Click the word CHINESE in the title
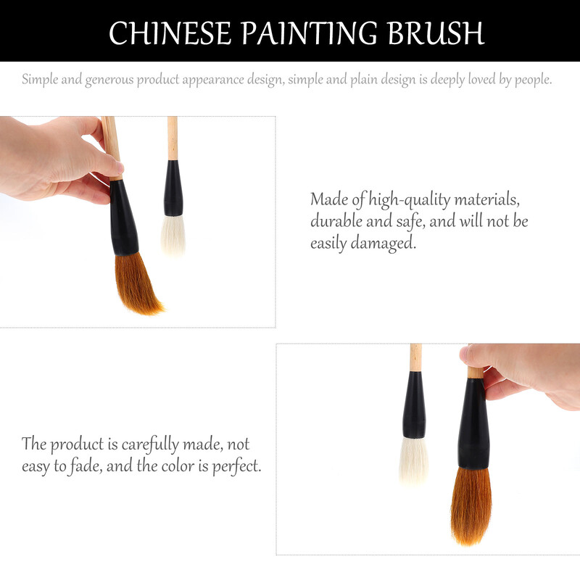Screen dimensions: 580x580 point(170,33)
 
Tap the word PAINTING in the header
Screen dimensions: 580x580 point(310,33)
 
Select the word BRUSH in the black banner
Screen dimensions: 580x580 point(436,33)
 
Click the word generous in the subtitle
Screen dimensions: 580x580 point(109,80)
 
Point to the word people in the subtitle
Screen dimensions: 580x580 point(533,80)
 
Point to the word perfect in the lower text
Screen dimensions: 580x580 point(237,466)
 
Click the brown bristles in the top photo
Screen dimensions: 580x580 point(137,283)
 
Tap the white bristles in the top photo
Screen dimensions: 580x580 point(173,234)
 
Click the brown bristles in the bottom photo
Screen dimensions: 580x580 point(471,506)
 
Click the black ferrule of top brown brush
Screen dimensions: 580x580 point(123,218)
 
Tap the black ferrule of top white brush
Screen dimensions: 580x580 point(173,188)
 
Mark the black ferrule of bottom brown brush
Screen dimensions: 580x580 point(474,423)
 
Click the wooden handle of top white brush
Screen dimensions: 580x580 point(173,138)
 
